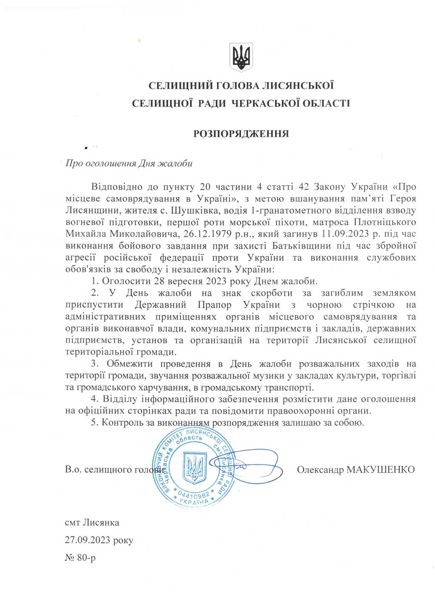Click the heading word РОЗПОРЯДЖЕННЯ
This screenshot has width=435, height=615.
241,133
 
